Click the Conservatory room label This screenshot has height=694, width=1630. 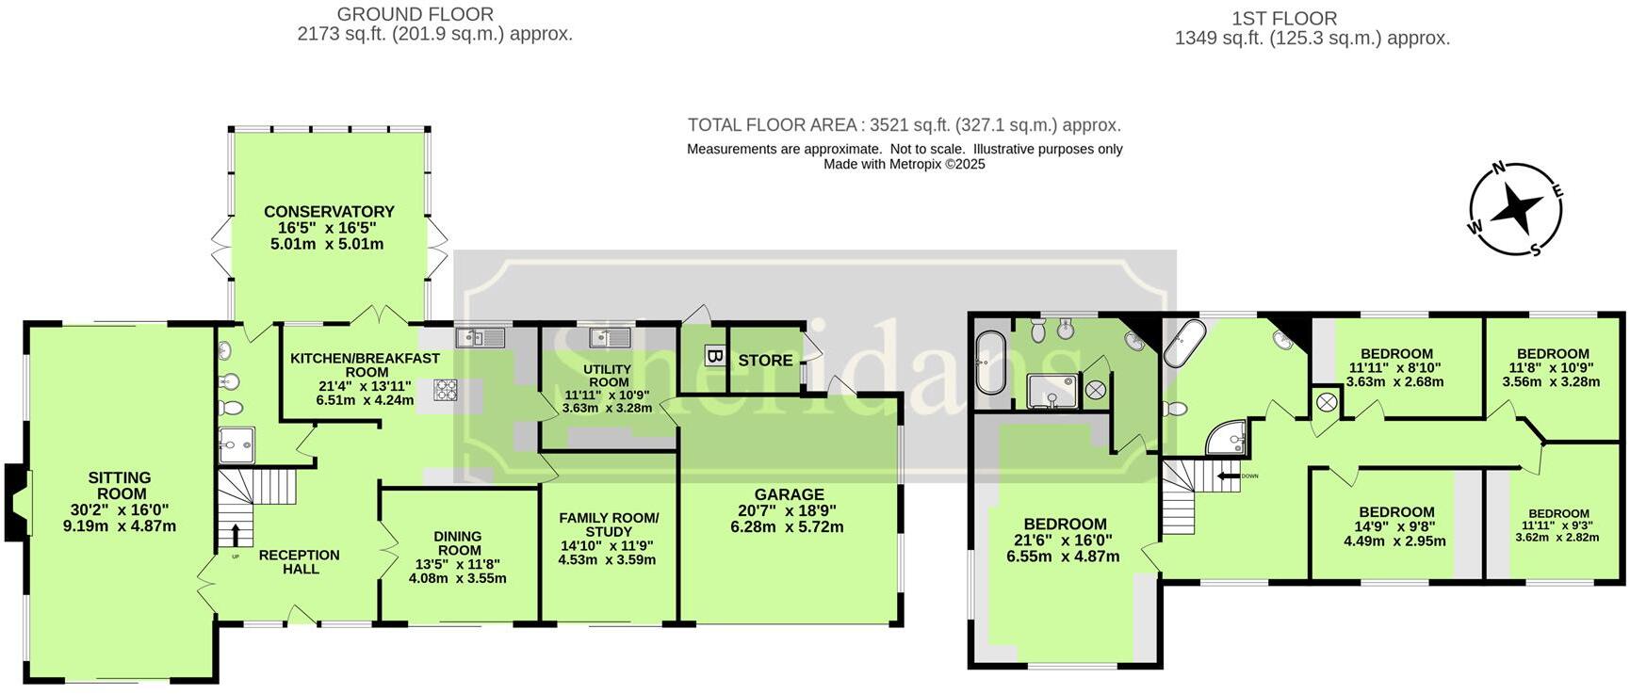point(329,227)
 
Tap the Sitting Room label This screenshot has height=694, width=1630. point(120,502)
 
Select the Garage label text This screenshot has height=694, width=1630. point(789,509)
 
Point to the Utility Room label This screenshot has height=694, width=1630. point(608,389)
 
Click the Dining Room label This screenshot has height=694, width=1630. point(458,557)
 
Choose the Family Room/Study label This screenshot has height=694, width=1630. point(608,538)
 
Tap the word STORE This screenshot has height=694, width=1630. point(765,360)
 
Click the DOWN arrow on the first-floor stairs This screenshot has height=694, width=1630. point(1228,476)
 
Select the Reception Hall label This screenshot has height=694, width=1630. point(300,561)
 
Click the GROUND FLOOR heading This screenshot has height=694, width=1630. point(416,14)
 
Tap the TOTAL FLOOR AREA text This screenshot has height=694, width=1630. point(904,125)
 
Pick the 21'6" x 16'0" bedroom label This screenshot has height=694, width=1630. point(1065,540)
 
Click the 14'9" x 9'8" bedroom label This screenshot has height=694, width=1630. point(1395,526)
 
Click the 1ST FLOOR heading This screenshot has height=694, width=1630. point(1283,18)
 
